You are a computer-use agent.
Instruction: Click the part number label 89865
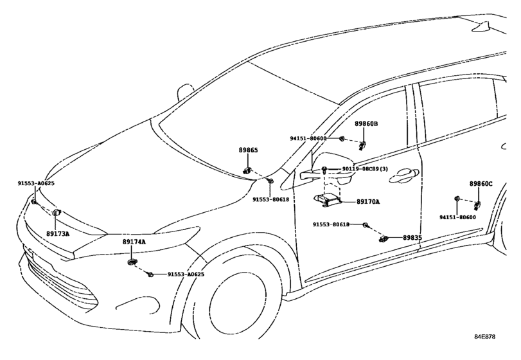[248, 150]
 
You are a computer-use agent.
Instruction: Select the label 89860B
[366, 123]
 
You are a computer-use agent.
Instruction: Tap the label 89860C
[481, 183]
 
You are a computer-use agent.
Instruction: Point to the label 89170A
[368, 201]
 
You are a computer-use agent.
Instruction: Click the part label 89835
[412, 238]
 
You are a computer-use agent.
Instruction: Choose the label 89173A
[58, 233]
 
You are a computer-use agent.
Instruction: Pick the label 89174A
[134, 242]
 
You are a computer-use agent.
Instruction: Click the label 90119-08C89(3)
[365, 169]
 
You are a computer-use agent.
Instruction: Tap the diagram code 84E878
[484, 337]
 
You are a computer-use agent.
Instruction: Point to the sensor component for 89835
[384, 239]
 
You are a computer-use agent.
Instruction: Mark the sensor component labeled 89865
[247, 171]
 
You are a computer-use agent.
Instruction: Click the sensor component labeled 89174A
[132, 262]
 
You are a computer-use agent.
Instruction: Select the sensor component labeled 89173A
[57, 212]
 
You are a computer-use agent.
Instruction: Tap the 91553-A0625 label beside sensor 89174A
[186, 274]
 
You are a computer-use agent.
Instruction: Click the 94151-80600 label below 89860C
[457, 217]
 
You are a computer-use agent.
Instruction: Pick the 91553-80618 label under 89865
[271, 199]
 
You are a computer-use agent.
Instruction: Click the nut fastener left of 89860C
[457, 199]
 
